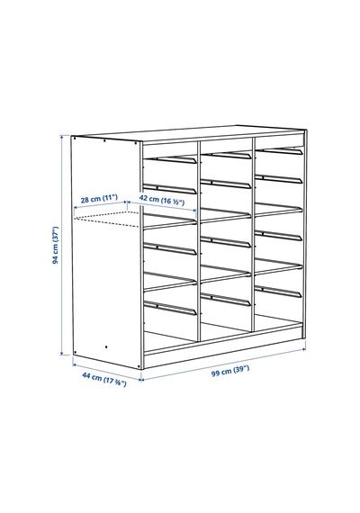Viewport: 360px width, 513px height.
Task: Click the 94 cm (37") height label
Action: [x=56, y=245]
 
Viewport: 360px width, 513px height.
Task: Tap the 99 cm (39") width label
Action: [x=230, y=371]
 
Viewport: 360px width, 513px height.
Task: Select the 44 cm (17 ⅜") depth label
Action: [x=104, y=380]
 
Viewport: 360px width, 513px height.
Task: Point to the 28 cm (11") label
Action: [x=99, y=198]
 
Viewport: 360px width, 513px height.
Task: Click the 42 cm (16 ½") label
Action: [x=162, y=200]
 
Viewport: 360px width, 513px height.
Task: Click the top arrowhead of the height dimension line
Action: [x=61, y=137]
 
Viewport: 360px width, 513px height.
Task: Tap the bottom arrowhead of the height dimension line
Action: [x=61, y=353]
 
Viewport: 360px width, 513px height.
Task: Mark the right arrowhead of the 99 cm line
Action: [x=303, y=349]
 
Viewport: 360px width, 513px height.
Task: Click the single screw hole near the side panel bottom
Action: [x=106, y=346]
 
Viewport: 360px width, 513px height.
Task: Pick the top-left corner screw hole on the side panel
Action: [x=75, y=139]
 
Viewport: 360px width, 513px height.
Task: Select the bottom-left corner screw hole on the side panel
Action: [x=76, y=353]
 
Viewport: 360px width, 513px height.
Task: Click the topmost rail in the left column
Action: [x=170, y=159]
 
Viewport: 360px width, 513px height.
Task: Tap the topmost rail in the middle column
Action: [x=226, y=155]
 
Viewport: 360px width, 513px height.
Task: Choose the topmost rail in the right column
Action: [x=279, y=151]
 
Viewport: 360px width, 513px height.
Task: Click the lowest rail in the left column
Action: [x=170, y=308]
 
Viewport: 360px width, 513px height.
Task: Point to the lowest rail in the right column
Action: [x=278, y=292]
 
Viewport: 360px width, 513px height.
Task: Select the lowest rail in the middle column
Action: [x=226, y=300]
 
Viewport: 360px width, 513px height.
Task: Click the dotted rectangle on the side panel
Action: [x=107, y=220]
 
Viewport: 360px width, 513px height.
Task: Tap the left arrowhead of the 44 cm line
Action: [x=74, y=364]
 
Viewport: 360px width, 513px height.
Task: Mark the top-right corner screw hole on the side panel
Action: [x=136, y=142]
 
